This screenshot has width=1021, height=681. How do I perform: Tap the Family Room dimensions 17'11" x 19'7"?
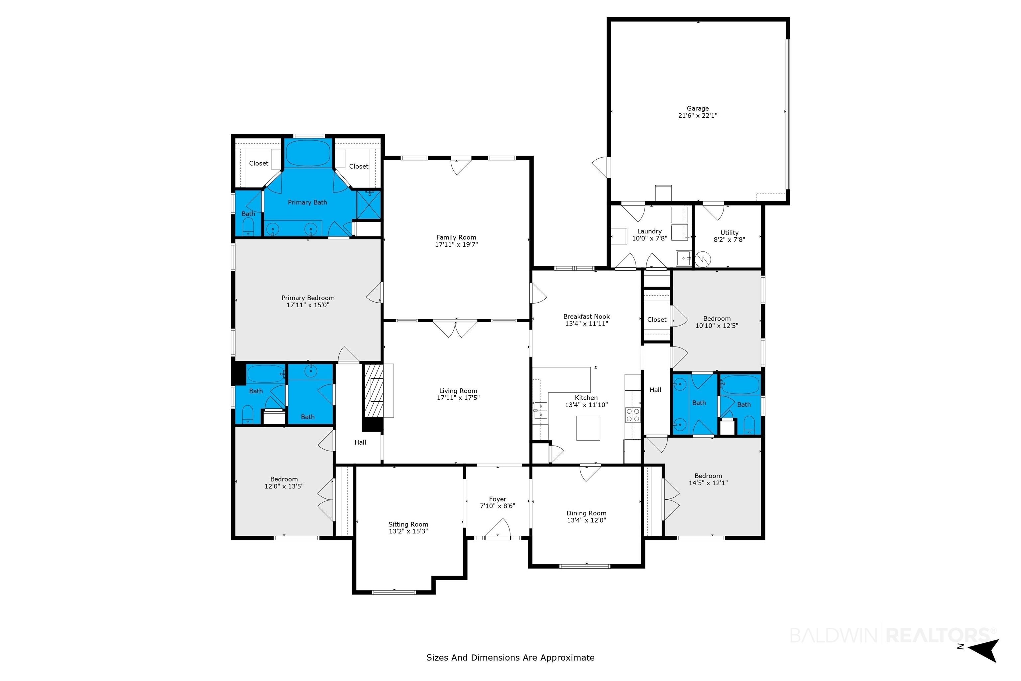click(x=456, y=244)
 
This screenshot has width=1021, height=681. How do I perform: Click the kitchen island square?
click(x=588, y=428)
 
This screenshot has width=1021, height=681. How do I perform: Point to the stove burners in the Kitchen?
click(x=632, y=415)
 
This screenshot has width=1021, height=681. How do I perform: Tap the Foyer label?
click(x=498, y=499)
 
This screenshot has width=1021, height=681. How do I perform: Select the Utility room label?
click(x=729, y=233)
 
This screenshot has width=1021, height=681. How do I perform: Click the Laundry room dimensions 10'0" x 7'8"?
click(x=649, y=238)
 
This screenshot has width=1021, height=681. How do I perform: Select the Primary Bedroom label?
click(x=308, y=298)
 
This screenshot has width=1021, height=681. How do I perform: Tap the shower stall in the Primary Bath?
click(x=368, y=205)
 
